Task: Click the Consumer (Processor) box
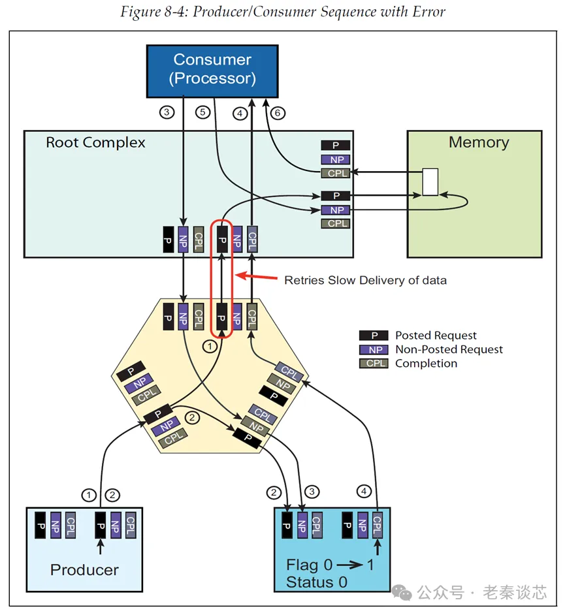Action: (212, 69)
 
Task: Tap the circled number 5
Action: (203, 113)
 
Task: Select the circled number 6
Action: (278, 113)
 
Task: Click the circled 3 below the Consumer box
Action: (167, 113)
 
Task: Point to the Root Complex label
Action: (95, 142)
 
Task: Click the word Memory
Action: (478, 142)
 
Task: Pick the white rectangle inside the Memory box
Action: (430, 182)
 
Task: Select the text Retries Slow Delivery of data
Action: (365, 280)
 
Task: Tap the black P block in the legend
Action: (374, 336)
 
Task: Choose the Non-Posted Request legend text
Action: (449, 349)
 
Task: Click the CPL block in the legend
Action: (374, 363)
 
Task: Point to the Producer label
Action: (84, 569)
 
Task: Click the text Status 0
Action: (317, 582)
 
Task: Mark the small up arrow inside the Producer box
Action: (100, 544)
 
